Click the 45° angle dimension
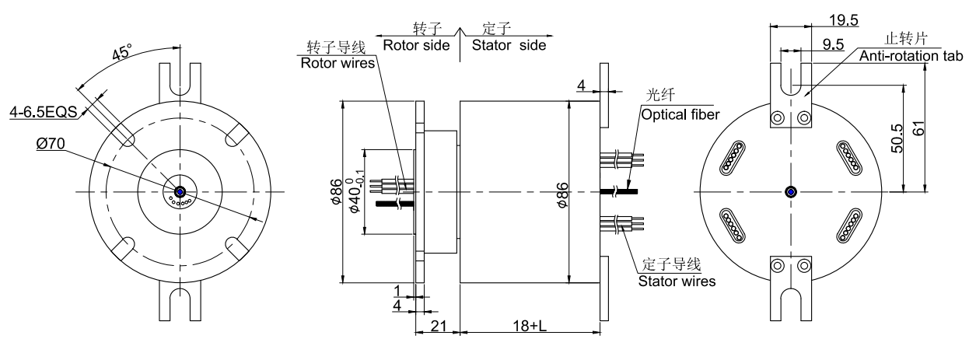[121, 54]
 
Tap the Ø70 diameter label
[50, 143]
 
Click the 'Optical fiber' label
[680, 114]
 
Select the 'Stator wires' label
[676, 281]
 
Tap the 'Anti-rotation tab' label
[911, 56]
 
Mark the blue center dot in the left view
[179, 191]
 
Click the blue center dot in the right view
[791, 191]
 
